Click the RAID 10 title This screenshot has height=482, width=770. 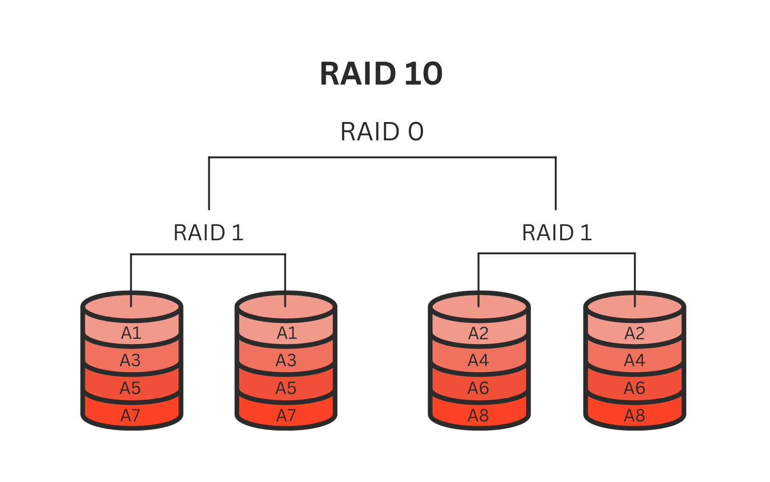tap(381, 74)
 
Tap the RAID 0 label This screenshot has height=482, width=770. tap(382, 132)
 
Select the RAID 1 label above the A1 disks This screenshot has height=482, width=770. tap(208, 233)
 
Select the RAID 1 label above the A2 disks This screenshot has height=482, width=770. tap(557, 233)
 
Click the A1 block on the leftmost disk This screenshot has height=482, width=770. tap(131, 333)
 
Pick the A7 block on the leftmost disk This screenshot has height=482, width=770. tap(130, 415)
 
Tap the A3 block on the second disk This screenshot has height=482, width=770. tap(286, 360)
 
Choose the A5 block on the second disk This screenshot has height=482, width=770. tap(286, 388)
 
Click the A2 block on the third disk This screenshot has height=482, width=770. tap(478, 333)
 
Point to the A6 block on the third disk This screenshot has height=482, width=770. tap(478, 388)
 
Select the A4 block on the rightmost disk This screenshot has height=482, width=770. tap(634, 360)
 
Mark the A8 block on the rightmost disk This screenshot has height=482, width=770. tap(634, 415)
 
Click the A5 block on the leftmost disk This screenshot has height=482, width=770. tap(130, 388)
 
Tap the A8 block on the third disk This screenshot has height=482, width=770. tap(478, 415)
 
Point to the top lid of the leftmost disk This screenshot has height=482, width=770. tap(111, 307)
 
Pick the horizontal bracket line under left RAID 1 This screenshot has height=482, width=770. tap(208, 254)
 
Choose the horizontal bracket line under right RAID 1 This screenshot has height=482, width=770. tap(556, 253)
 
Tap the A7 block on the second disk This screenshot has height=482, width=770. tap(286, 415)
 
